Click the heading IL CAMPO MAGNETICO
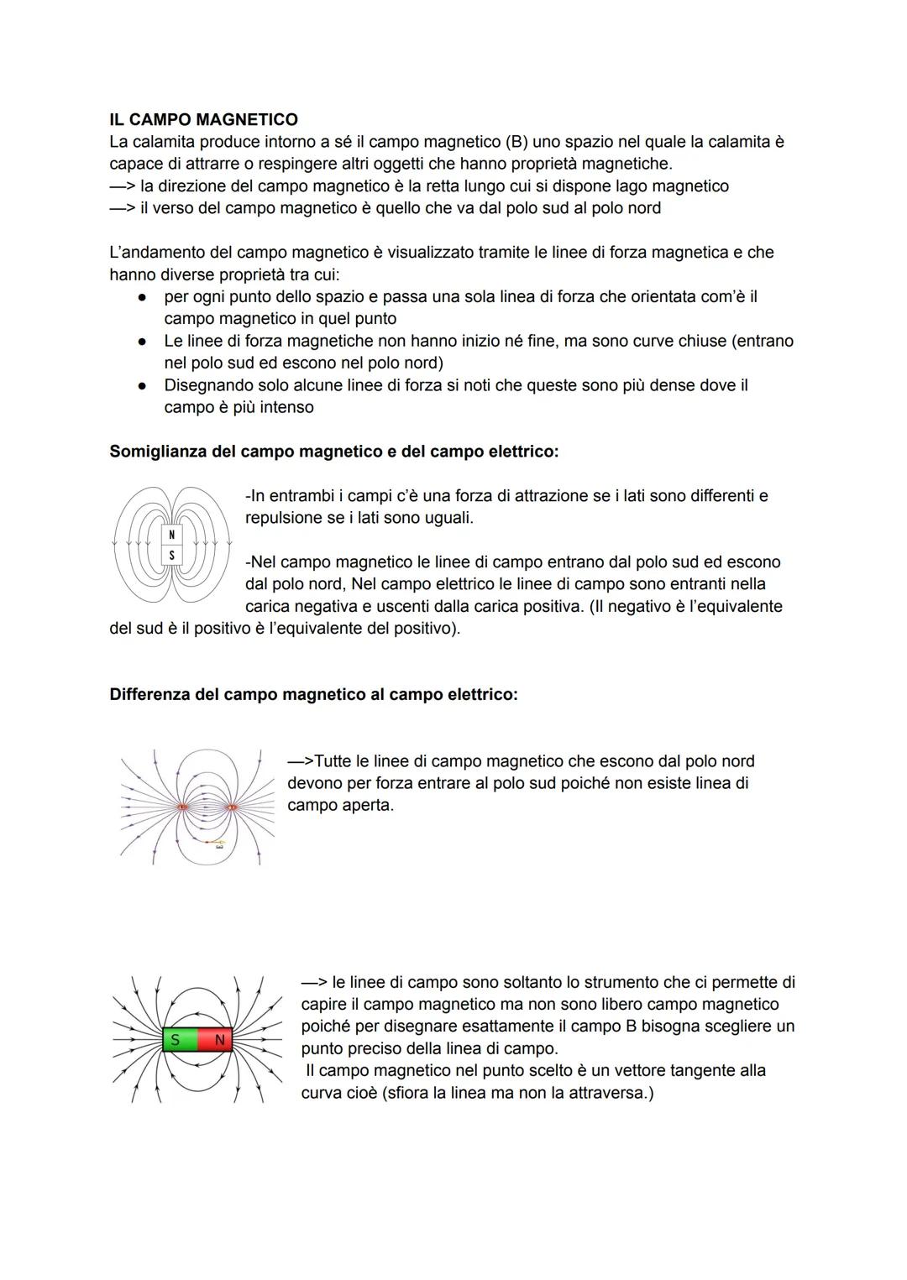coord(203,120)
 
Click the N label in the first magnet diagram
coord(172,535)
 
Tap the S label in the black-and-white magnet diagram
coord(172,555)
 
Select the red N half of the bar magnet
coord(216,1040)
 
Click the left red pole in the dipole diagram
coord(182,807)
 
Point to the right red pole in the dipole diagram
coord(232,807)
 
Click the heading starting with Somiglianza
coord(333,452)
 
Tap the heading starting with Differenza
coord(313,695)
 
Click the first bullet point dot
coord(144,297)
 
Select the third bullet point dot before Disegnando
coord(144,386)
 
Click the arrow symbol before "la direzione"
coord(123,186)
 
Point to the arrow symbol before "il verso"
coord(123,208)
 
